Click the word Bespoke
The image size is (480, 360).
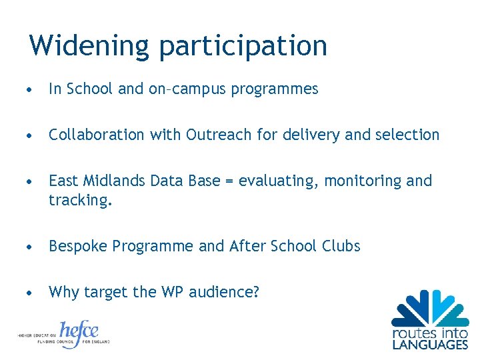pos(77,247)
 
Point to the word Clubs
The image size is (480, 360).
pos(342,246)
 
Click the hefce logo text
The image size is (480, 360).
pos(79,332)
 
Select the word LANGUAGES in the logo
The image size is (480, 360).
pos(430,345)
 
